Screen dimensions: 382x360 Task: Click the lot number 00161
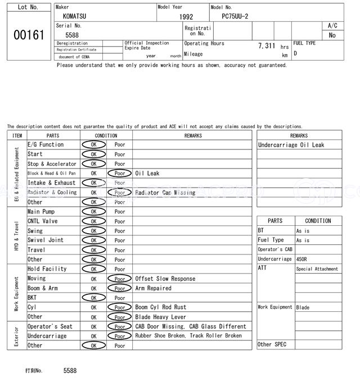click(29, 35)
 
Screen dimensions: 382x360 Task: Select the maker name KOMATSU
click(75, 16)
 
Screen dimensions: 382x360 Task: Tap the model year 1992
click(186, 17)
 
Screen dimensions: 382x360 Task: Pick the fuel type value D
click(295, 53)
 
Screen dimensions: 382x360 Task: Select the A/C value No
click(332, 35)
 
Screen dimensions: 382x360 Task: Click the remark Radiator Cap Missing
click(165, 192)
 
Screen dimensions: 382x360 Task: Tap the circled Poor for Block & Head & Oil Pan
click(120, 173)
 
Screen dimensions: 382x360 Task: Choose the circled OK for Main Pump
click(94, 212)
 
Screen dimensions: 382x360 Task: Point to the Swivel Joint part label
click(46, 240)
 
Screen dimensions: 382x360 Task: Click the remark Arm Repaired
click(154, 288)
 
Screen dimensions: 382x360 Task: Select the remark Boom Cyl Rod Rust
click(161, 307)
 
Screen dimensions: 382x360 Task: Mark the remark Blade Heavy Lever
click(161, 317)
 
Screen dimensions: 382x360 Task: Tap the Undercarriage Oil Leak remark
click(291, 145)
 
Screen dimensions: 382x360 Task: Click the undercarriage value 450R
click(303, 259)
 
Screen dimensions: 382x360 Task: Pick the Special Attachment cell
click(317, 269)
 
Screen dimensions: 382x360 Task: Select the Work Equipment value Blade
click(303, 307)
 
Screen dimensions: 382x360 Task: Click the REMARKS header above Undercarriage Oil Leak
click(299, 135)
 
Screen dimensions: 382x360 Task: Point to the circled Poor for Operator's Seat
click(120, 326)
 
